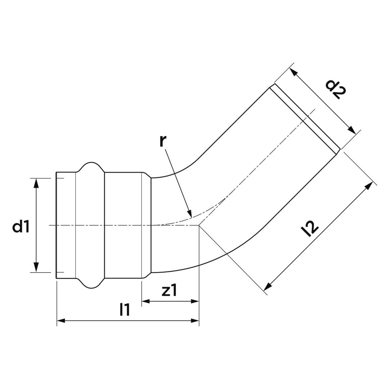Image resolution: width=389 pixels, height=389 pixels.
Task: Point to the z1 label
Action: tap(169, 291)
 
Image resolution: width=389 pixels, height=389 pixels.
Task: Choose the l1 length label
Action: tap(125, 310)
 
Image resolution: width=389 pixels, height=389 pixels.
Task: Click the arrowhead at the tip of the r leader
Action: tap(190, 213)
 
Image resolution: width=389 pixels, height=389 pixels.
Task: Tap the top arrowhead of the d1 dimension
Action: tap(36, 183)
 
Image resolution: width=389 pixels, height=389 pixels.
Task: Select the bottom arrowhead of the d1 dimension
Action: tap(36, 268)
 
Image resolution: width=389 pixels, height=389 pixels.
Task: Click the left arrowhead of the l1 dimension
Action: tap(61, 321)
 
